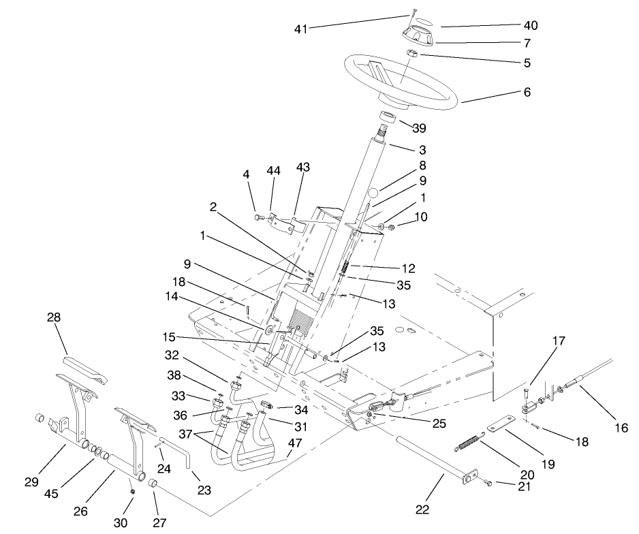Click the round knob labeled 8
pyautogui.click(x=373, y=192)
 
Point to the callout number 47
pyautogui.click(x=294, y=443)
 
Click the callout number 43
pyautogui.click(x=302, y=168)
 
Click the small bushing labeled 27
pyautogui.click(x=153, y=484)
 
